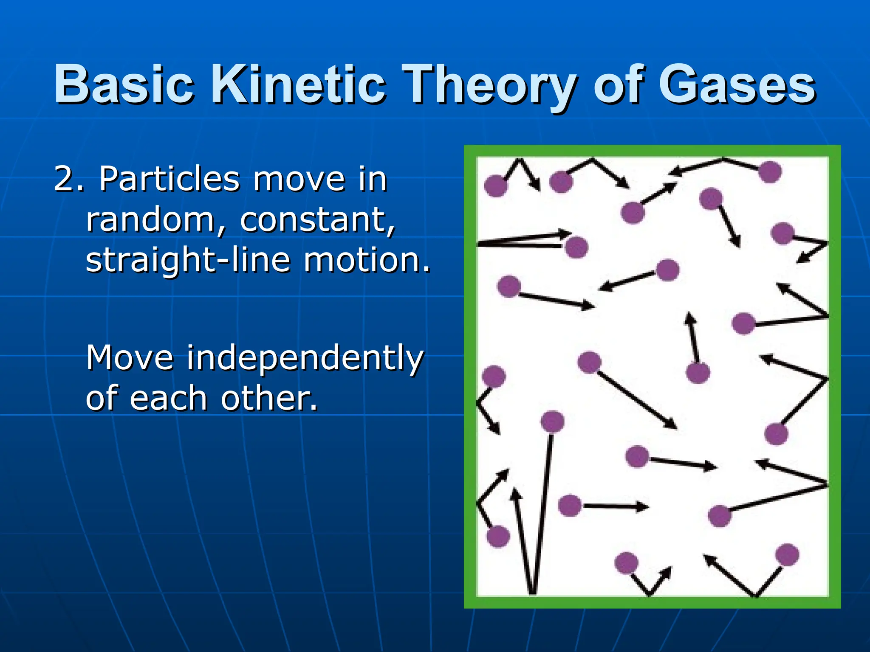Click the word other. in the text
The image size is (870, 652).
point(269,399)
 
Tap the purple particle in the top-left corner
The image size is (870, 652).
point(495,186)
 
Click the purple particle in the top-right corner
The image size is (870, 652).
point(769,172)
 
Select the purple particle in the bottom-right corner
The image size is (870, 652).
point(787,555)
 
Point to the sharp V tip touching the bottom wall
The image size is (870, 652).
point(532,593)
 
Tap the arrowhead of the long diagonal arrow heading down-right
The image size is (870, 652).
point(672,424)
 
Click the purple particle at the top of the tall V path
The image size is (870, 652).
point(552,422)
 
